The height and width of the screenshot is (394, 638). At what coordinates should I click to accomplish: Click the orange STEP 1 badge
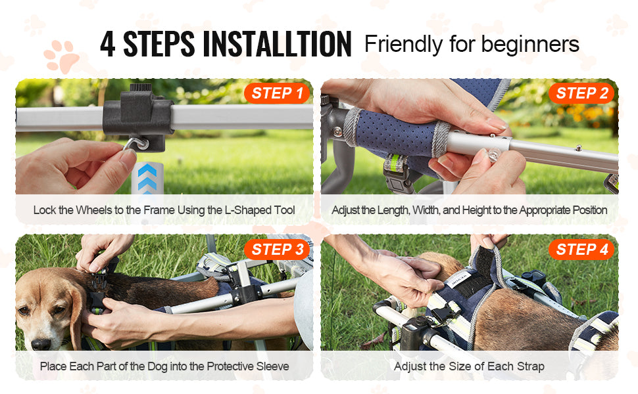(x=277, y=93)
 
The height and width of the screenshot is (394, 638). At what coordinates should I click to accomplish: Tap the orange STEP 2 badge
(x=581, y=93)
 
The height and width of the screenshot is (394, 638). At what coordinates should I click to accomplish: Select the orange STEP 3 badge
(x=277, y=250)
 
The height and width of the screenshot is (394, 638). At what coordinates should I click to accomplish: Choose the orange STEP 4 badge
(x=581, y=250)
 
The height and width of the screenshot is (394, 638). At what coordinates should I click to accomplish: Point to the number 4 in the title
(x=109, y=44)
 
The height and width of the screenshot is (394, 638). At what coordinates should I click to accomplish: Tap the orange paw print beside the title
(x=61, y=57)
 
